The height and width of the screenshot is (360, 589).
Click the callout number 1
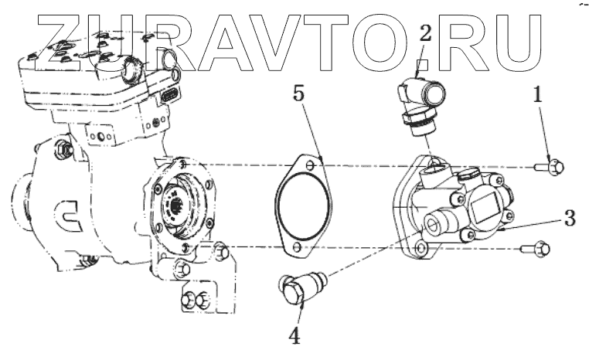click(x=539, y=95)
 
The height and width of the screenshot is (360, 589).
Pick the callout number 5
click(x=298, y=96)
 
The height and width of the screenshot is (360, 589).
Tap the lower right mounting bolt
click(x=542, y=249)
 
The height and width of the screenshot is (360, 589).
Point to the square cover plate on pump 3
click(x=486, y=205)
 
